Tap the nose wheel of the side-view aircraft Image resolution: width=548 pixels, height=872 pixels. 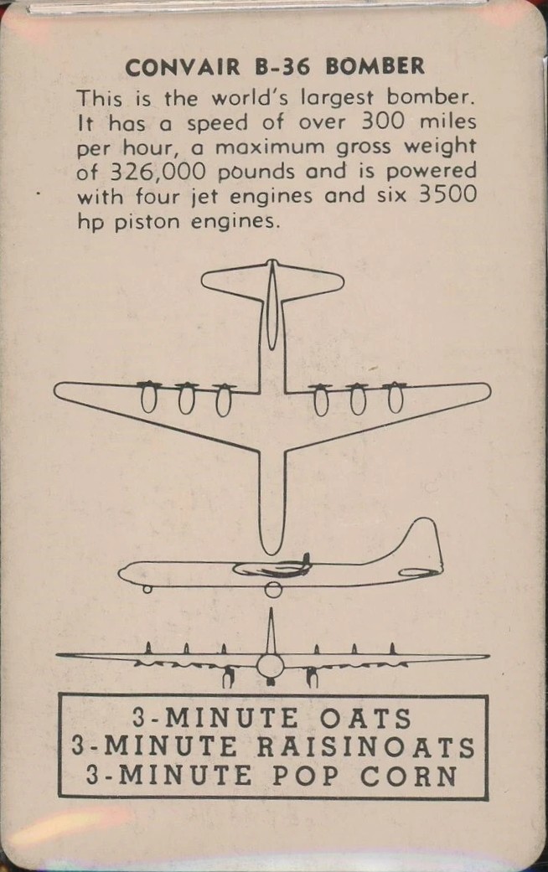[x=148, y=589]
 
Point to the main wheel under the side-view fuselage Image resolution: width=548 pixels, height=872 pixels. [x=273, y=590]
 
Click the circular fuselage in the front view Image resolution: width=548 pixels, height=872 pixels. [x=271, y=667]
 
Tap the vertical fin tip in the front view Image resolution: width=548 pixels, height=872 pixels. [x=271, y=612]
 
